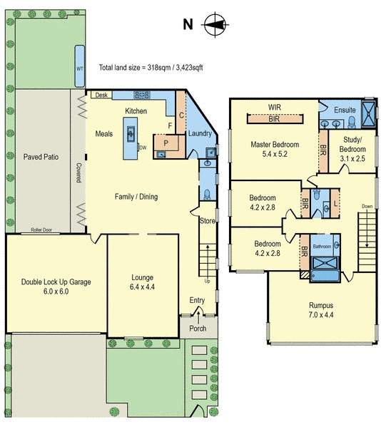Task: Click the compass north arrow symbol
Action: click(x=215, y=25)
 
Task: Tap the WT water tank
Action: click(x=80, y=66)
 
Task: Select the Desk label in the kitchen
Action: click(x=101, y=95)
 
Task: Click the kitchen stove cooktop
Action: click(x=142, y=95)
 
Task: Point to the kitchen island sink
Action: click(x=131, y=134)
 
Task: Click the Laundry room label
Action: click(x=200, y=133)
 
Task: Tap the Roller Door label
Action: click(x=41, y=230)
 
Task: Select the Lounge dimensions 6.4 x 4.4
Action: click(x=142, y=287)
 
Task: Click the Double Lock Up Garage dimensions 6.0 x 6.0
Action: click(x=56, y=292)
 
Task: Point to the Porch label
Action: click(x=198, y=329)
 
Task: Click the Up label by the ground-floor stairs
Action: click(x=207, y=281)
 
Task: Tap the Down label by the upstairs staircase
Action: click(x=367, y=206)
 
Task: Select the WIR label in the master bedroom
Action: click(x=274, y=107)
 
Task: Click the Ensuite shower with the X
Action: click(x=369, y=114)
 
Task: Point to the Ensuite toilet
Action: click(x=352, y=123)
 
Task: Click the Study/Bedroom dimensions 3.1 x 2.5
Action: click(x=352, y=158)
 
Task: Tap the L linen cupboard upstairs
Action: click(x=335, y=204)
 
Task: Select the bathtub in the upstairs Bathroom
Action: click(x=325, y=275)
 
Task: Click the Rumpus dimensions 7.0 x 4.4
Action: click(x=321, y=314)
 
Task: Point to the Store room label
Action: click(x=208, y=221)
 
